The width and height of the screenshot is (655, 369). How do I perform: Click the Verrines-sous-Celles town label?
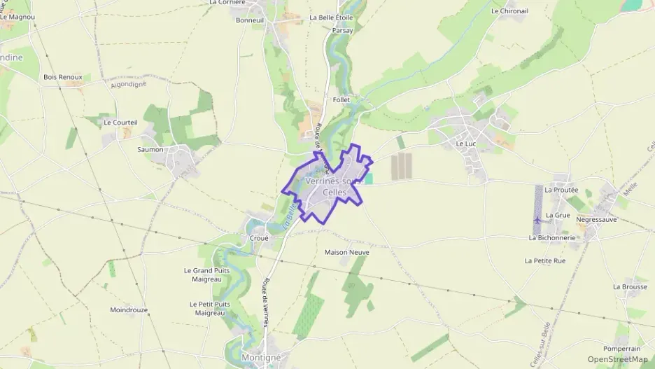[332, 186]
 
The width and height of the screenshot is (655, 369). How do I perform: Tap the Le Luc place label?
[465, 144]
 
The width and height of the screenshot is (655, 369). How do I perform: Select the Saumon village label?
[150, 149]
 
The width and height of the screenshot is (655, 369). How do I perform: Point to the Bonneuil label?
[249, 20]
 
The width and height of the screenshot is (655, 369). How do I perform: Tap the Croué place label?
[259, 237]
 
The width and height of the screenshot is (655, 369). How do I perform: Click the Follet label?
[341, 100]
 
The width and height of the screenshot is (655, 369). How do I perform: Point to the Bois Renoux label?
[63, 77]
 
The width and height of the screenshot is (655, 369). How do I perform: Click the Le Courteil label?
[120, 122]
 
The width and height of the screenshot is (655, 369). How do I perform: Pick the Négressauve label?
[596, 219]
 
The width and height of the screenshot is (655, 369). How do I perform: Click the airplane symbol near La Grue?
[537, 221]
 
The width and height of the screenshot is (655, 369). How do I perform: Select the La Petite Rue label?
[544, 260]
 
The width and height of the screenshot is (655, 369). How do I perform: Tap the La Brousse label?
[629, 286]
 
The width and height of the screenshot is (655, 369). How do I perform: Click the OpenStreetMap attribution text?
[617, 359]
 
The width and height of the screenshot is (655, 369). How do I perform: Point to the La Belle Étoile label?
[331, 18]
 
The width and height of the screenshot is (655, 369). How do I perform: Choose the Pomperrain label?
[622, 348]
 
